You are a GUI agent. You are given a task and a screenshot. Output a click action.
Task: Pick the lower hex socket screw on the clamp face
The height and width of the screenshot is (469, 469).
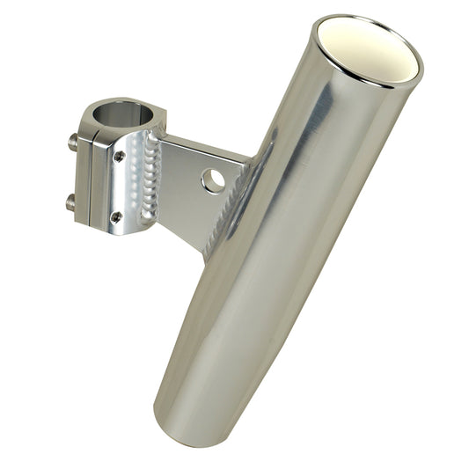coord(115,215)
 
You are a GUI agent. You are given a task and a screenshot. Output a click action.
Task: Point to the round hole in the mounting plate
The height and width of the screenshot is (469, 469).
coord(212,181)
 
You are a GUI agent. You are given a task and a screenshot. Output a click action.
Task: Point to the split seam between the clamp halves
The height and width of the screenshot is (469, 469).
coord(87,176)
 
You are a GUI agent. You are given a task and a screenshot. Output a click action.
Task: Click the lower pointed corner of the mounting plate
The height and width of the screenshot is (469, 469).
coord(205,256)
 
